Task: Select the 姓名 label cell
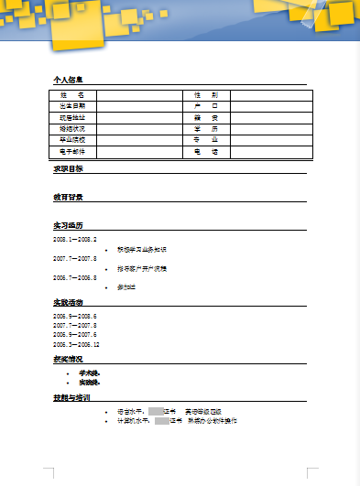pyautogui.click(x=72, y=95)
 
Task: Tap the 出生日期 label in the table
pyautogui.click(x=72, y=106)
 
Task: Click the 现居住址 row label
pyautogui.click(x=72, y=117)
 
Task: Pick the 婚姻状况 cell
pyautogui.click(x=72, y=129)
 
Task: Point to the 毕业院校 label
pyautogui.click(x=72, y=140)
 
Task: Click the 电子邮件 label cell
pyautogui.click(x=72, y=151)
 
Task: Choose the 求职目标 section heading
pyautogui.click(x=69, y=168)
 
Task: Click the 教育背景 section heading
pyautogui.click(x=69, y=197)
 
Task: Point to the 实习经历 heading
pyautogui.click(x=69, y=225)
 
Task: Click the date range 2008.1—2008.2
pyautogui.click(x=75, y=239)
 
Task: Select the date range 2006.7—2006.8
pyautogui.click(x=75, y=277)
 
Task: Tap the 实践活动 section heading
pyautogui.click(x=69, y=302)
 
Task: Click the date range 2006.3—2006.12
pyautogui.click(x=77, y=344)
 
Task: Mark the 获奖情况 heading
pyautogui.click(x=69, y=359)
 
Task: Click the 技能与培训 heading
pyautogui.click(x=71, y=398)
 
